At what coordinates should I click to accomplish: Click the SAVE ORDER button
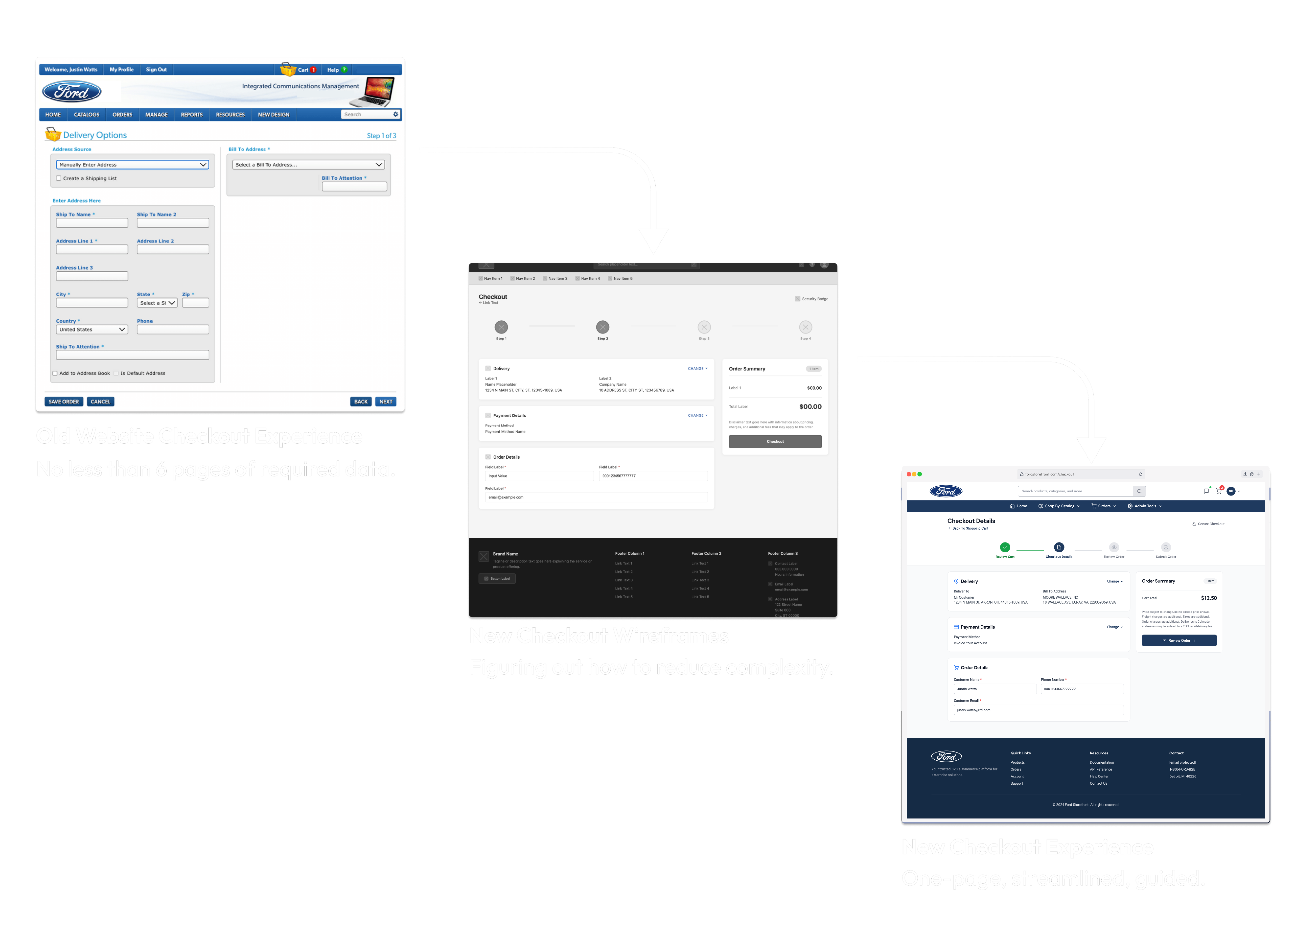click(x=64, y=402)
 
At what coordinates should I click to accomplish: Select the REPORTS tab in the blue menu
click(x=192, y=114)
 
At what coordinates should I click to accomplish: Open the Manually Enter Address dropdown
click(x=132, y=165)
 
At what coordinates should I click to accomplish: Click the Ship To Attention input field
click(x=132, y=355)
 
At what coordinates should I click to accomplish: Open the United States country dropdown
click(x=91, y=329)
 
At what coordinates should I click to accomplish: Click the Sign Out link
click(x=156, y=70)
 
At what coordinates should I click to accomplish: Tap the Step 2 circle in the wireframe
click(x=602, y=327)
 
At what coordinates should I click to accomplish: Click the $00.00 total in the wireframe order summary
click(x=810, y=407)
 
